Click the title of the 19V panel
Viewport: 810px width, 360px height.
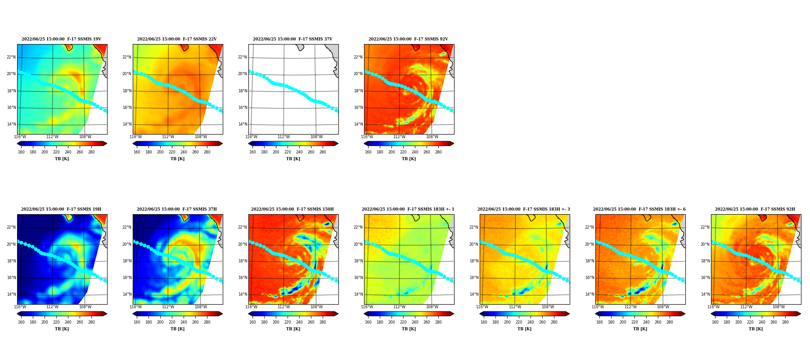61,39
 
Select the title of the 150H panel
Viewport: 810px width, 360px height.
292,209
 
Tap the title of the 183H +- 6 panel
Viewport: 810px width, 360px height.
639,209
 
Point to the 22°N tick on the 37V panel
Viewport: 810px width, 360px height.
243,57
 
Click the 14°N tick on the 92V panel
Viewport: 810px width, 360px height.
358,124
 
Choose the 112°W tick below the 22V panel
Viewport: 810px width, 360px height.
168,137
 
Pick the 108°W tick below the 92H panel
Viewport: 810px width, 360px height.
778,307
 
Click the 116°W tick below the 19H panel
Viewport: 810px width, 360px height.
20,307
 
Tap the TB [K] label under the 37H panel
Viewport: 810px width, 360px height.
177,329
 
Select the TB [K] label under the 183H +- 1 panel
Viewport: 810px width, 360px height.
409,329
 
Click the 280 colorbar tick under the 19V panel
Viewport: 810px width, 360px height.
91,152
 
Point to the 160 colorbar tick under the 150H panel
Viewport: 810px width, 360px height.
252,322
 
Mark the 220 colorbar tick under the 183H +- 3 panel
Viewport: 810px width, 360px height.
519,322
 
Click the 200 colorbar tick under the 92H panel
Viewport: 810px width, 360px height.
738,322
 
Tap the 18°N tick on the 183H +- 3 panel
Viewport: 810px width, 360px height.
474,261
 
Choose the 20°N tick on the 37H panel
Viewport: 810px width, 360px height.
127,244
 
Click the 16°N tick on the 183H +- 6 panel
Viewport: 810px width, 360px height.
589,278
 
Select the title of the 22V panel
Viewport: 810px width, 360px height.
177,39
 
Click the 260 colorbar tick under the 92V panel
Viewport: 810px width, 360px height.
427,152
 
